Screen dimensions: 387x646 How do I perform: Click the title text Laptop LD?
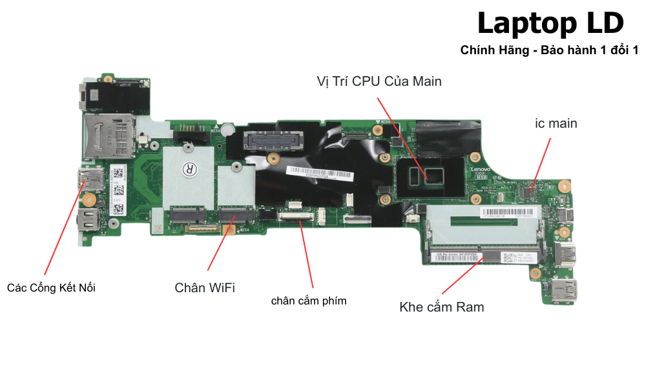(550, 24)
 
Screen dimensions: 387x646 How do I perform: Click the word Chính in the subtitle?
(477, 50)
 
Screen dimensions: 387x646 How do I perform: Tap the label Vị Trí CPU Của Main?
(379, 81)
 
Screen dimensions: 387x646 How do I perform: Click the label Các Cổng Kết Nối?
(51, 288)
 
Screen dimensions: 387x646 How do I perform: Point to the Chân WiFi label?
(205, 288)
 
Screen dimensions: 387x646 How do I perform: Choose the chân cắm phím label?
(309, 301)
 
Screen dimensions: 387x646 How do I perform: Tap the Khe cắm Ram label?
(442, 306)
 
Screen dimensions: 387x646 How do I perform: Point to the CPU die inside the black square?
(426, 174)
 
